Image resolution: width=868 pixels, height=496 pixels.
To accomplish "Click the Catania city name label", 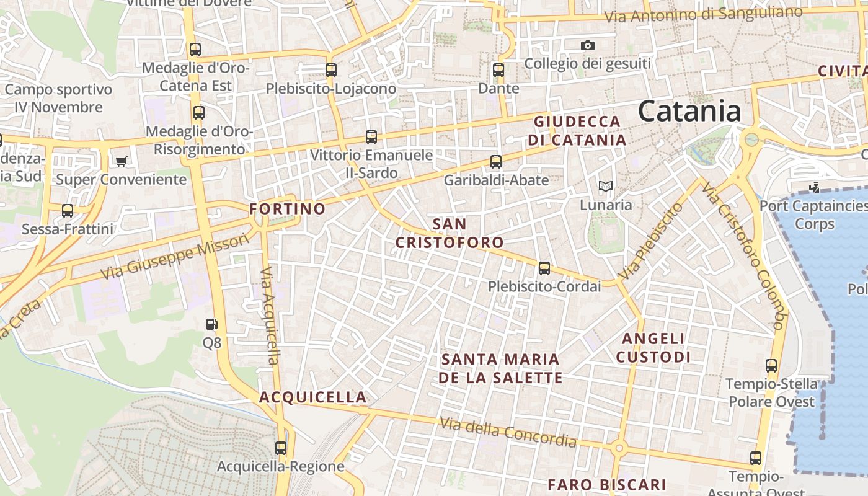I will coord(689,112).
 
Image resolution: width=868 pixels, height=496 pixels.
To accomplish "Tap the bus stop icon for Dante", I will coord(498,69).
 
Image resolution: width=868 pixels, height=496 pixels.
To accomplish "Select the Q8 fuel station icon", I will coord(212,324).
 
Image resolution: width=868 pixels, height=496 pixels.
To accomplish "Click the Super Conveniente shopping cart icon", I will coord(121,161).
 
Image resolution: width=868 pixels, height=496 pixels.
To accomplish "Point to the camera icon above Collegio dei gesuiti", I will coord(587,45).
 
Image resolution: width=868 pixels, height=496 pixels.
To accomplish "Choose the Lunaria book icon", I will coord(605,186).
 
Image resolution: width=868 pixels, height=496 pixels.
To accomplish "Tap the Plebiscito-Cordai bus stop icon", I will coord(544,268).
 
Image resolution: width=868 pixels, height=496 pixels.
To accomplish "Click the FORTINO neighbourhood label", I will coord(287,209).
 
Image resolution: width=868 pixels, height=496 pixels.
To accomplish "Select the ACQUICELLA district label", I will coord(312,397).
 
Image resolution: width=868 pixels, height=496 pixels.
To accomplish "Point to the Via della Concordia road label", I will coord(508,432).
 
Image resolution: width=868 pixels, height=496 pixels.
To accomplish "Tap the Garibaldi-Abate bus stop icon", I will coord(495,162).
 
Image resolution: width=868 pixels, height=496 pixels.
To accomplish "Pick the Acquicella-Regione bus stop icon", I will coord(281,448).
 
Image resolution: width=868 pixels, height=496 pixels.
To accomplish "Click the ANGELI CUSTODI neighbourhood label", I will coord(653,347).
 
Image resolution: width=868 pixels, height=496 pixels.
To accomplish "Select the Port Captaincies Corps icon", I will coord(815,187).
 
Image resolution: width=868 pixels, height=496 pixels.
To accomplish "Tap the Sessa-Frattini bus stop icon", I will coord(68,211).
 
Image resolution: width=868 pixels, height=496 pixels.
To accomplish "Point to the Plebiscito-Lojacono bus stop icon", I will coord(331,69).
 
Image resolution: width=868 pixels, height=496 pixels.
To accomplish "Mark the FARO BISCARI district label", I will coord(606,484).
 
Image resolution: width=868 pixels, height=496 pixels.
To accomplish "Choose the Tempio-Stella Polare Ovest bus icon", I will coord(771,366).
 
